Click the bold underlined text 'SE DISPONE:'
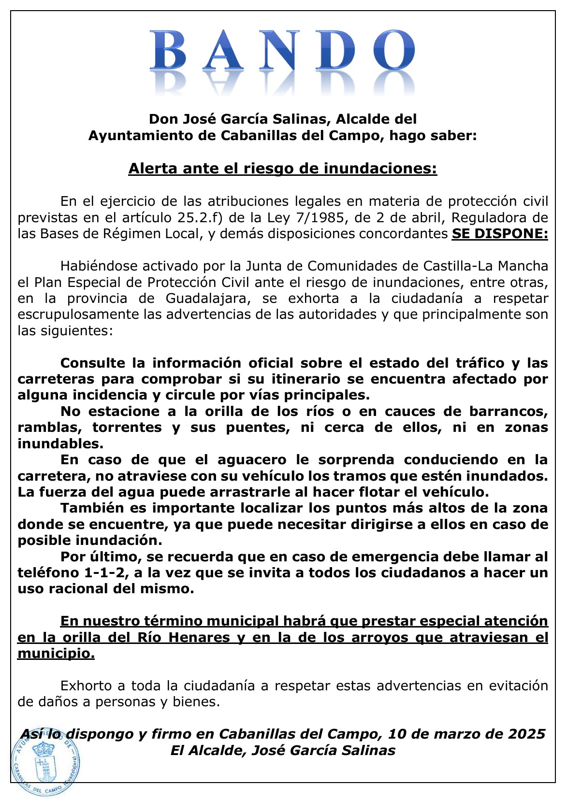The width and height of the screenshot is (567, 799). [x=500, y=234]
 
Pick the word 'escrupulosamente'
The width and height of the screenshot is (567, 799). [x=78, y=314]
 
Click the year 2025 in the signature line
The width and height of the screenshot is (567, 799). [x=526, y=734]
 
